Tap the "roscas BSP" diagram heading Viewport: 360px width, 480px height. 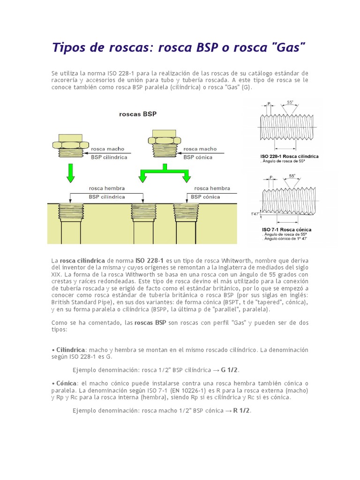pos(138,114)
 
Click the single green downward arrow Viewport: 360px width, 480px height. pos(71,173)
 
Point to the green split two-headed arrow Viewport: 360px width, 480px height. pos(165,173)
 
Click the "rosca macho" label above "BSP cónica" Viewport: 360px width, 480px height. pos(200,149)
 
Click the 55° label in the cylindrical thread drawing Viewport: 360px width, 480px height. pos(290,102)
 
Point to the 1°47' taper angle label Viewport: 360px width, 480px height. pos(255,214)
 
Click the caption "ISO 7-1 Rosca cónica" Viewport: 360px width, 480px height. pos(287,229)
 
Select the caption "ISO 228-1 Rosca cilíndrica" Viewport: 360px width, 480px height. pos(289,156)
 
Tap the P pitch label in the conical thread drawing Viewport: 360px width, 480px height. pos(270,178)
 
